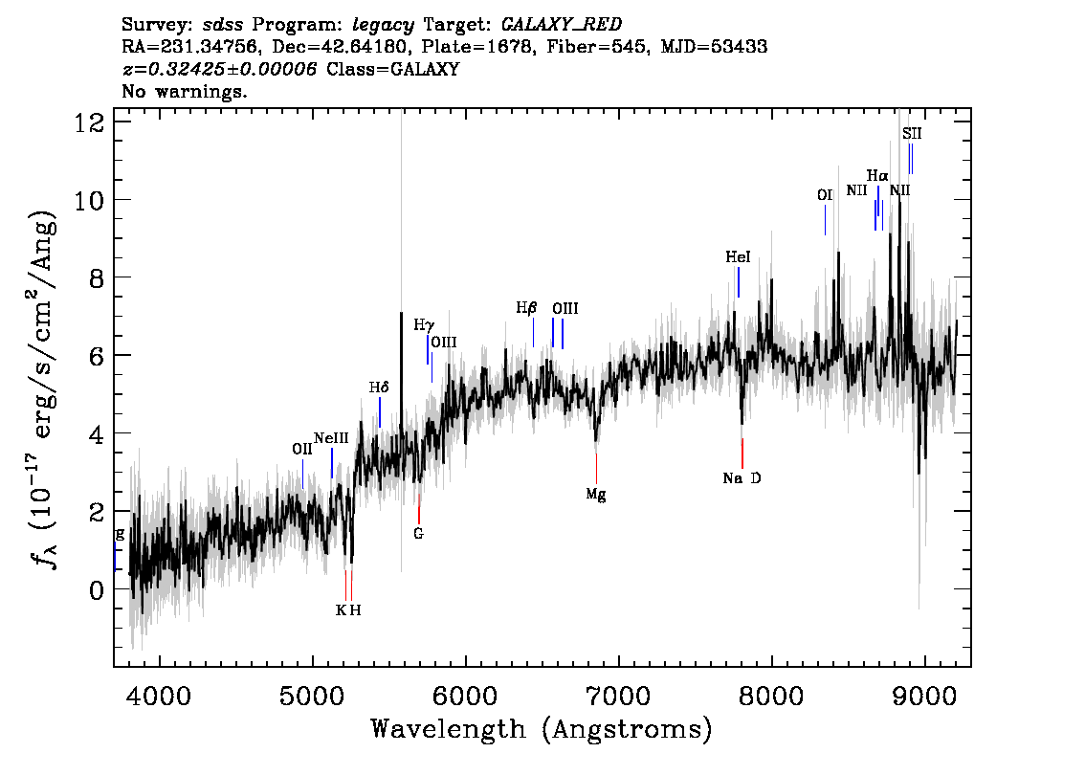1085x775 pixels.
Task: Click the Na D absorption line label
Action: pyautogui.click(x=742, y=478)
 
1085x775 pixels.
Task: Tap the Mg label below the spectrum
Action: pyautogui.click(x=596, y=495)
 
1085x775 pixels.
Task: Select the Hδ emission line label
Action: pyautogui.click(x=379, y=387)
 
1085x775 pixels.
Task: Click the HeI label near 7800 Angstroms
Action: pyautogui.click(x=738, y=257)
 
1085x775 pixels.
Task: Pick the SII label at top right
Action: pyautogui.click(x=912, y=134)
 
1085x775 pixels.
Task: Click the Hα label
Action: pyautogui.click(x=877, y=176)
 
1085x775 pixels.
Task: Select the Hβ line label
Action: pyautogui.click(x=526, y=308)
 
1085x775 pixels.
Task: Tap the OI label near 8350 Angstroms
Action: pyautogui.click(x=825, y=195)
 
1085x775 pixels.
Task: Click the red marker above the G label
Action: pyautogui.click(x=419, y=508)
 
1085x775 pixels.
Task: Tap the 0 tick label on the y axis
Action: pyautogui.click(x=96, y=589)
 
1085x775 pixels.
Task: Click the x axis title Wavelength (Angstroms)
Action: pyautogui.click(x=541, y=729)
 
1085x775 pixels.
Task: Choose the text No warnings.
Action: pyautogui.click(x=185, y=91)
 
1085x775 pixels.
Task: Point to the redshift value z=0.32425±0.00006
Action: pyautogui.click(x=220, y=70)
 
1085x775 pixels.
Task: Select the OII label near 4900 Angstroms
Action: pyautogui.click(x=302, y=449)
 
